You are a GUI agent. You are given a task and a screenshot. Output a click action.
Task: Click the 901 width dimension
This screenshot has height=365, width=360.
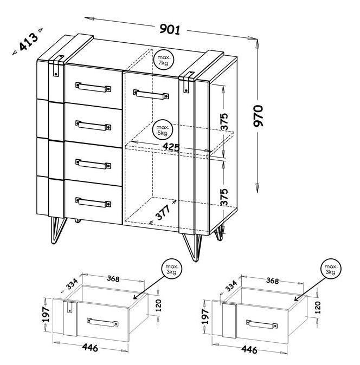170,29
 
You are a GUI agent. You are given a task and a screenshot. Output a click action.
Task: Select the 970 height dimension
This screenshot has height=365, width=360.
258,116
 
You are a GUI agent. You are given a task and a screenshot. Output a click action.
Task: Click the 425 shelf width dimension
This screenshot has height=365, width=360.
171,147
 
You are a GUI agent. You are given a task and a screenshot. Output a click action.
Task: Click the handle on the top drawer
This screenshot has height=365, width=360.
93,87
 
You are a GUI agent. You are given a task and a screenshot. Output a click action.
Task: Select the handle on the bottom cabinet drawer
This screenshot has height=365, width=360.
93,203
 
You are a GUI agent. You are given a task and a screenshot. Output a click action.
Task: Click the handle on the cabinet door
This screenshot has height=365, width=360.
151,94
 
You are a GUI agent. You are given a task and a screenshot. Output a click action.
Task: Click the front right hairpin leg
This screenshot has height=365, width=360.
192,247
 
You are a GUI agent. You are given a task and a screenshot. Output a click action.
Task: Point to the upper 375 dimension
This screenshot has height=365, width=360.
224,121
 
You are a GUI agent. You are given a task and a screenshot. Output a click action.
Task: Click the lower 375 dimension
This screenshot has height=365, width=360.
224,197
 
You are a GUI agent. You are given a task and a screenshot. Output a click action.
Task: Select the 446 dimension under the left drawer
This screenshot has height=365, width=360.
90,348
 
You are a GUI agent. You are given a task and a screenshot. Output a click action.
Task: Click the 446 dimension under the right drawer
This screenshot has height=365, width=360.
249,349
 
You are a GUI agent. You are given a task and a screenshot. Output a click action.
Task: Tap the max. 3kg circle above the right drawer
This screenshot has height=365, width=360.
331,269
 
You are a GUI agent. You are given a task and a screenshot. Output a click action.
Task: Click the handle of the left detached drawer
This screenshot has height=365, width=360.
102,322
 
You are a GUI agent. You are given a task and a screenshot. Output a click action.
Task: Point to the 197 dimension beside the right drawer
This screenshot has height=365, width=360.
205,317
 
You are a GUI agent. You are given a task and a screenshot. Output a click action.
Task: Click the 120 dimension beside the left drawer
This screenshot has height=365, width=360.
158,305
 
